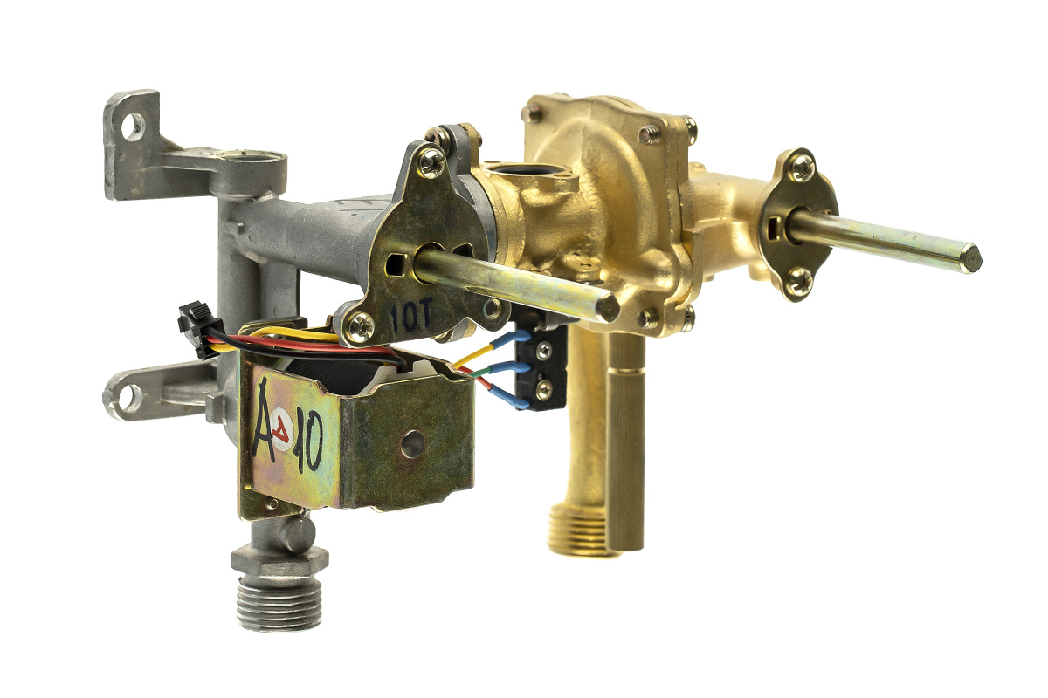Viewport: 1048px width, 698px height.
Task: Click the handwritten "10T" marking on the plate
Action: tap(411, 317)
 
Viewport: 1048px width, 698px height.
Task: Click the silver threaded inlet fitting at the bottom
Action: tap(279, 591)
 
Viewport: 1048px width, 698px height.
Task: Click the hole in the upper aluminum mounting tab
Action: tap(133, 126)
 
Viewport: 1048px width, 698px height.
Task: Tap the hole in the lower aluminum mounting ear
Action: tap(129, 397)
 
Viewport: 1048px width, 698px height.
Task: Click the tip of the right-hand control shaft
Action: tap(972, 258)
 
